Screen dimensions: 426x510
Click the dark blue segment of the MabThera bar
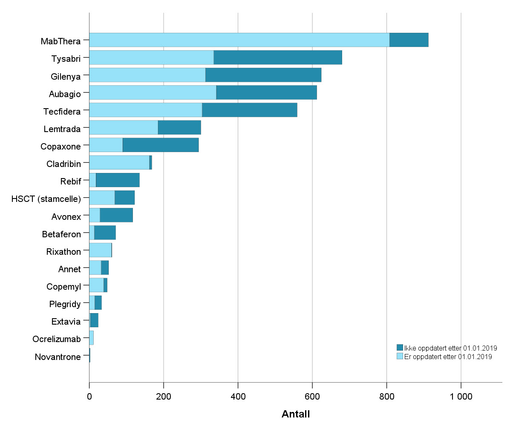pyautogui.click(x=409, y=40)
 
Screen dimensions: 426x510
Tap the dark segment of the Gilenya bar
pyautogui.click(x=263, y=75)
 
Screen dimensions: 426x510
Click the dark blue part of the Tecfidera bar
pyautogui.click(x=249, y=110)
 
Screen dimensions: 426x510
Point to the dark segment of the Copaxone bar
pyautogui.click(x=161, y=145)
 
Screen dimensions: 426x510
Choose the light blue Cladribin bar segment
pyautogui.click(x=119, y=162)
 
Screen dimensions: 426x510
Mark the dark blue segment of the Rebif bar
pyautogui.click(x=118, y=180)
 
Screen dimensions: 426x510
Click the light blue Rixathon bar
pyautogui.click(x=100, y=250)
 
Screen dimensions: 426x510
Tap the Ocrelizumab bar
pyautogui.click(x=91, y=338)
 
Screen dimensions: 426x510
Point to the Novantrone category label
pyautogui.click(x=58, y=357)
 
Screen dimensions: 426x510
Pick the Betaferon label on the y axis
pyautogui.click(x=61, y=234)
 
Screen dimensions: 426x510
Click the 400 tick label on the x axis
pyautogui.click(x=238, y=397)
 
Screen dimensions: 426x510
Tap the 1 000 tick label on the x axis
pyautogui.click(x=461, y=397)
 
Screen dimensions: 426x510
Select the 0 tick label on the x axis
pyautogui.click(x=89, y=397)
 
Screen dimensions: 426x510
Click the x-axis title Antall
pyautogui.click(x=296, y=414)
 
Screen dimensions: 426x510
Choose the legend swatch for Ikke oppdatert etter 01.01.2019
pyautogui.click(x=400, y=348)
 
